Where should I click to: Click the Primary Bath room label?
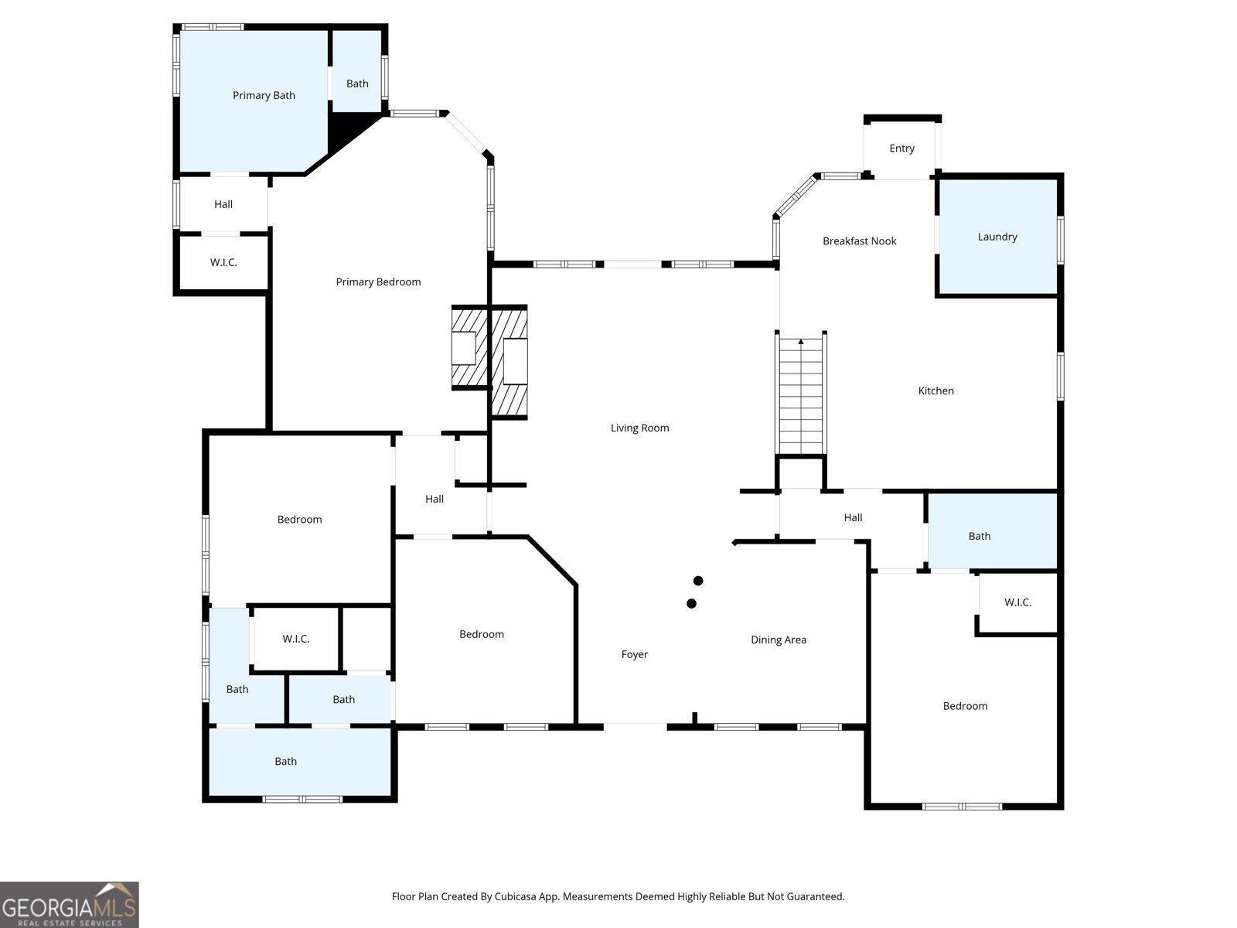264,96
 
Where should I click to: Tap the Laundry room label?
997,237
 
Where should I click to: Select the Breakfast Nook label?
859,241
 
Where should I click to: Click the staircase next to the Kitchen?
802,395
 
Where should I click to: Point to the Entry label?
901,148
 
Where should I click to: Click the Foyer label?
634,654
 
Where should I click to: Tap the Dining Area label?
778,640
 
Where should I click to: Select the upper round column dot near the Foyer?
698,581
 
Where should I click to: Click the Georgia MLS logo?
70,905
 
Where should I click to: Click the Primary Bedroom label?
378,282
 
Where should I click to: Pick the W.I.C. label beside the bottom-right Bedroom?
1017,602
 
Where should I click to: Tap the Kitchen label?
935,391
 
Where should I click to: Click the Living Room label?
639,428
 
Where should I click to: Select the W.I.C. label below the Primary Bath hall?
223,263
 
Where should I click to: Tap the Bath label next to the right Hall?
979,536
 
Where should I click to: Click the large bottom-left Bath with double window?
285,762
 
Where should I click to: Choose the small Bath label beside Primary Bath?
357,84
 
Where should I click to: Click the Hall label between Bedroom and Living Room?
434,500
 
